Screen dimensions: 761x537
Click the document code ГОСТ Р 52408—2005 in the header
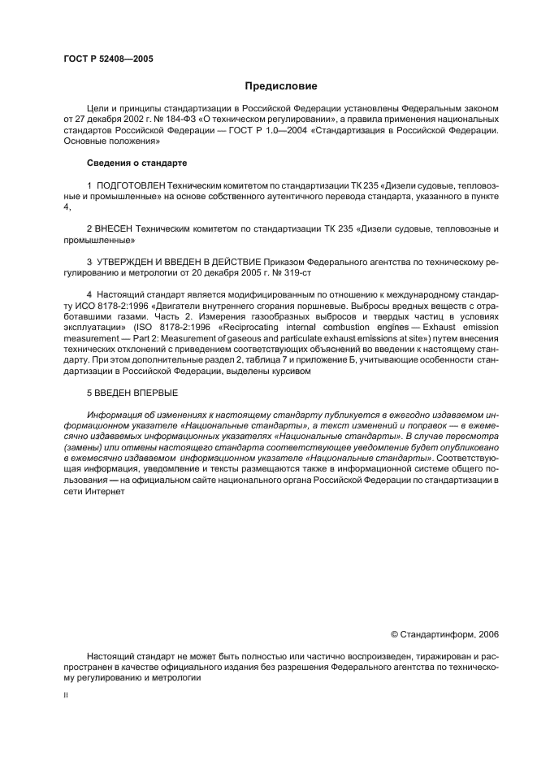[107, 60]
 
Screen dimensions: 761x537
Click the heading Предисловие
[281, 86]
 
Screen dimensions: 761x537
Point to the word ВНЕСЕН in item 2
[116, 230]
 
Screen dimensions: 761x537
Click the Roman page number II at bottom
[67, 695]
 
